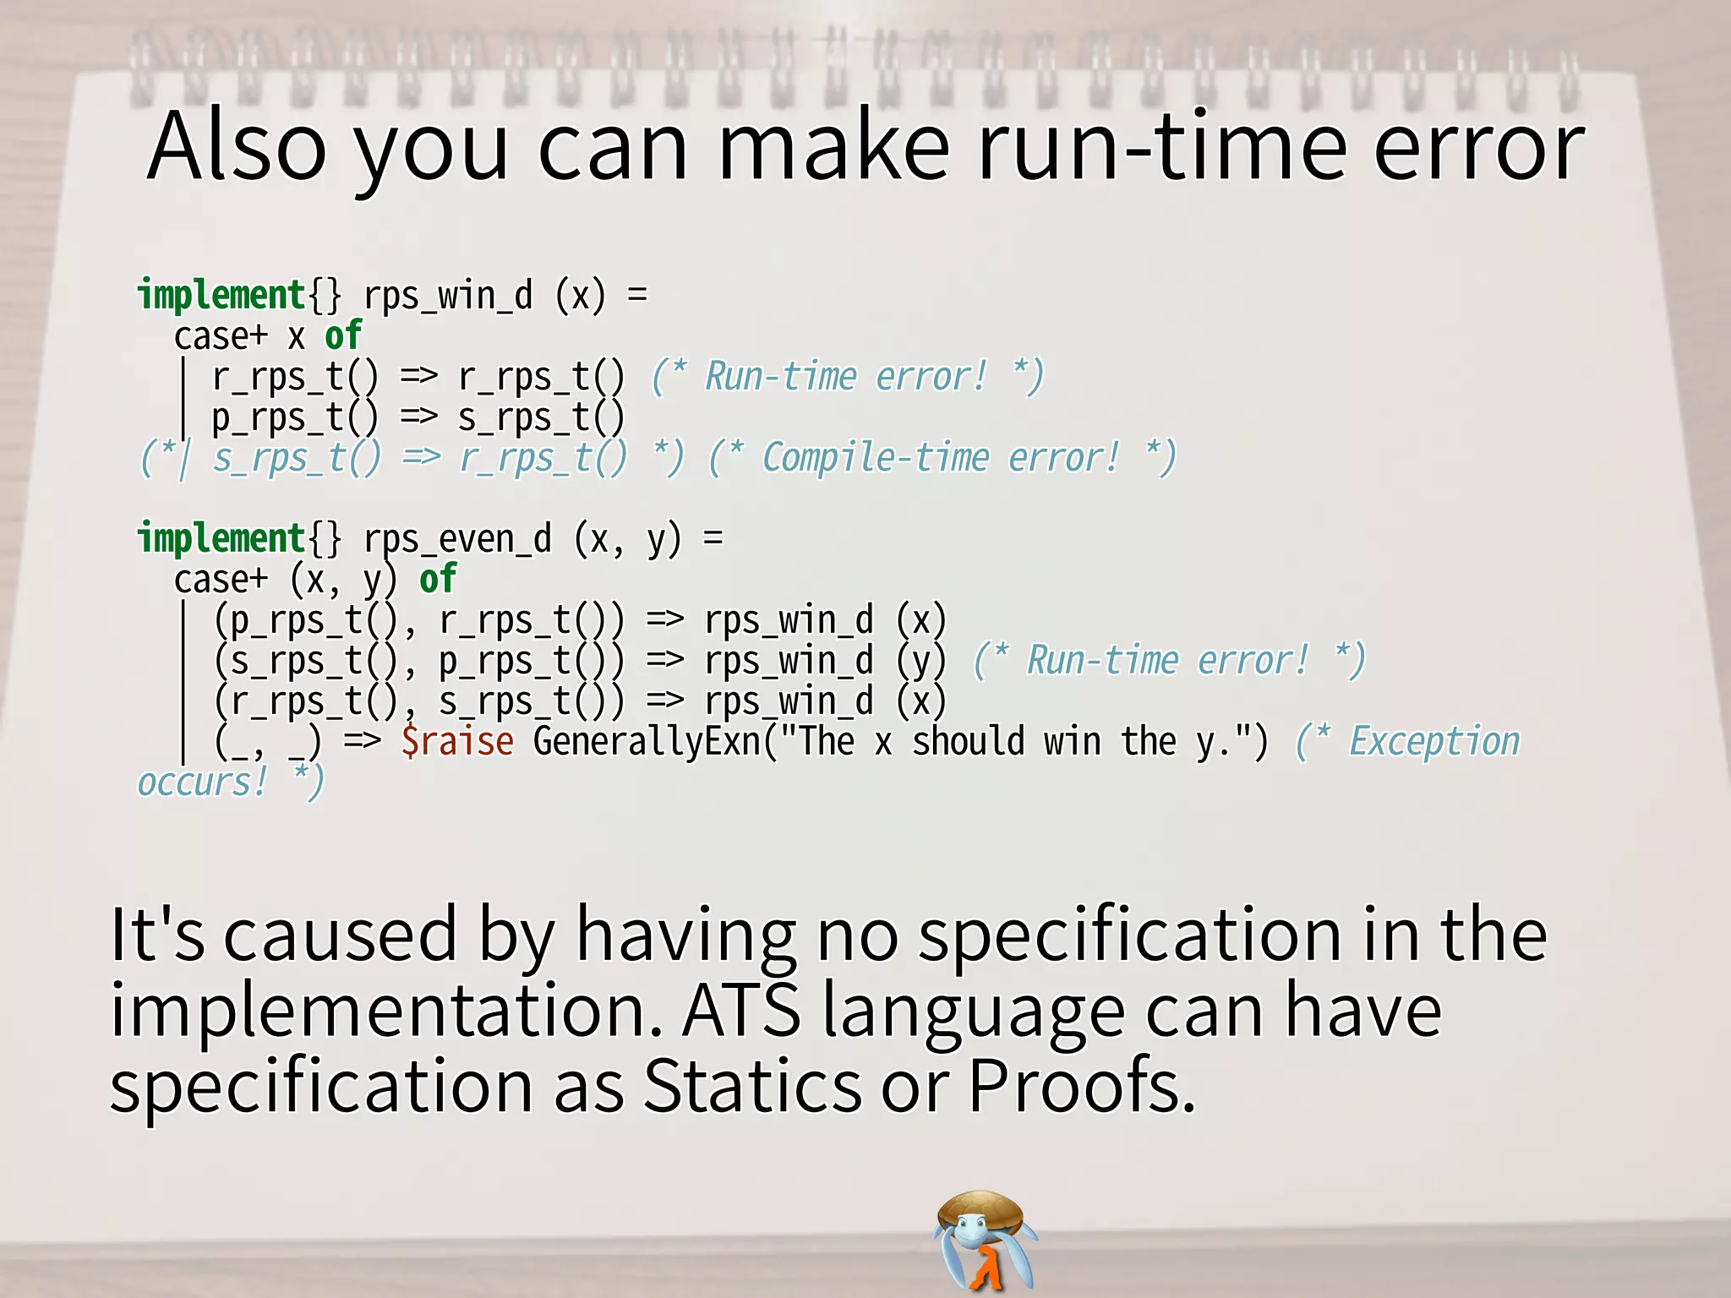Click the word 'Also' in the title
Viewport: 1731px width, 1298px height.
pos(237,148)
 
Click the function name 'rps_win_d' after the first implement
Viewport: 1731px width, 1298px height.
pos(448,296)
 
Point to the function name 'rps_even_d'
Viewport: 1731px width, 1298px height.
pos(457,539)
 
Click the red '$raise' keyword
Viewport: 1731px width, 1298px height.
pos(457,742)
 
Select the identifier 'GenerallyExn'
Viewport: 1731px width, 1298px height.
pos(647,742)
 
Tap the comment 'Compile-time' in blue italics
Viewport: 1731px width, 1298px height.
pos(875,458)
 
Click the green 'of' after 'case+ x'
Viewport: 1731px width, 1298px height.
pos(343,336)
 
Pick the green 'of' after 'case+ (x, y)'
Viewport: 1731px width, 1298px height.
pos(438,580)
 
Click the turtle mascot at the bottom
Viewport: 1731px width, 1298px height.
pos(985,1238)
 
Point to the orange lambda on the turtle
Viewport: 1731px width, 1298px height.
pos(986,1268)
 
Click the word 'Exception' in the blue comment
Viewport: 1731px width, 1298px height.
pos(1434,742)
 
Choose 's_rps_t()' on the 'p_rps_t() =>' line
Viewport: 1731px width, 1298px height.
pos(541,417)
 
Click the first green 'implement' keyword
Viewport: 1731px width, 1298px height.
pos(221,296)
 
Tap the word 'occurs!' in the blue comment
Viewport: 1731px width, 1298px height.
pos(201,783)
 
